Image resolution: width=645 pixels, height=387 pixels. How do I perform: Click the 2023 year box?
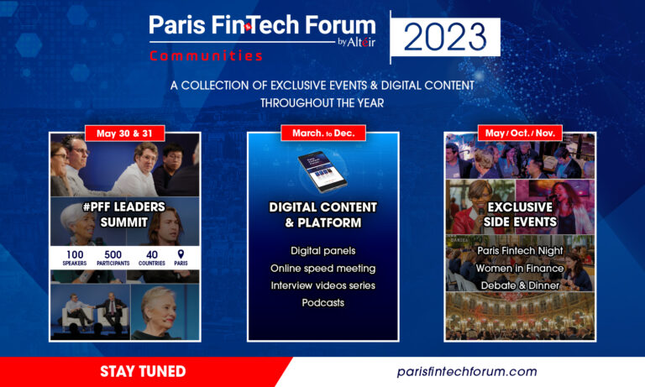pyautogui.click(x=445, y=37)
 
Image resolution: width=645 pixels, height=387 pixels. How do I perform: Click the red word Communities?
pyautogui.click(x=206, y=56)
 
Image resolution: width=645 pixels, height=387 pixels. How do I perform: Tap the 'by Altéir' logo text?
pyautogui.click(x=357, y=42)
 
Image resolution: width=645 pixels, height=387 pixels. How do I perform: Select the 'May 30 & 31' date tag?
pyautogui.click(x=124, y=133)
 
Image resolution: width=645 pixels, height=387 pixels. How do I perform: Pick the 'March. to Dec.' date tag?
pyautogui.click(x=323, y=133)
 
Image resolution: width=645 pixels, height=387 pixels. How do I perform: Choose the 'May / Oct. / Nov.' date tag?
pyautogui.click(x=520, y=133)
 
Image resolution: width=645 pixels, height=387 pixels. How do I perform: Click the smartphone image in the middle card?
pyautogui.click(x=322, y=172)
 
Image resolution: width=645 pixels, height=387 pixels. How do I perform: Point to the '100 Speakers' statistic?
pyautogui.click(x=75, y=258)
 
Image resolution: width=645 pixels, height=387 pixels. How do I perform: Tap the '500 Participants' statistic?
pyautogui.click(x=113, y=258)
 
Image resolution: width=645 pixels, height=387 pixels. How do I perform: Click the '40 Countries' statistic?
pyautogui.click(x=152, y=258)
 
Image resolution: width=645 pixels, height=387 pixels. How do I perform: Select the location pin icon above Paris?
pyautogui.click(x=181, y=254)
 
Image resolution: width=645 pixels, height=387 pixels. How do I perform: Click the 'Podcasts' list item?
pyautogui.click(x=322, y=303)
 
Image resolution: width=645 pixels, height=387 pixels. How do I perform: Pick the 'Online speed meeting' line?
pyautogui.click(x=322, y=269)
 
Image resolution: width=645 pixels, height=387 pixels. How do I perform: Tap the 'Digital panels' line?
pyautogui.click(x=322, y=251)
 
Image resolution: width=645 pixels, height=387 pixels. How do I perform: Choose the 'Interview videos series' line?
pyautogui.click(x=322, y=285)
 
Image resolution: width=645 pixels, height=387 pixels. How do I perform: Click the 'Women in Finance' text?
pyautogui.click(x=520, y=268)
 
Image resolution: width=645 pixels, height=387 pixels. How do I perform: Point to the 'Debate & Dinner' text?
pyautogui.click(x=520, y=285)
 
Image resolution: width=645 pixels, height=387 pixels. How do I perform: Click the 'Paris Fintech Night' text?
pyautogui.click(x=520, y=250)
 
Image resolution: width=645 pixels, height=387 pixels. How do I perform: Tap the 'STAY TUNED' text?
pyautogui.click(x=143, y=371)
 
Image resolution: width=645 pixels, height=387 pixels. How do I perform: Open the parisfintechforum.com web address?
pyautogui.click(x=467, y=372)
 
